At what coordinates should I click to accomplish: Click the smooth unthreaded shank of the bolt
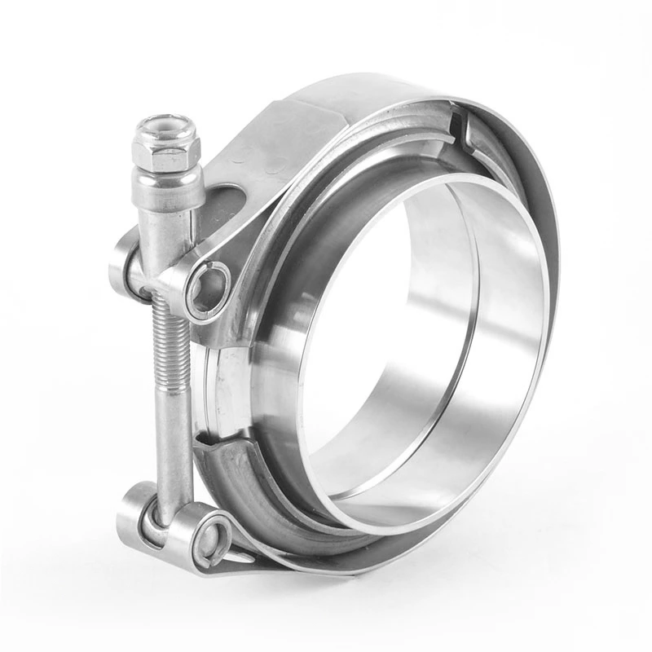click(174, 444)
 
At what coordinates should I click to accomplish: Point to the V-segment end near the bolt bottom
click(214, 444)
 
